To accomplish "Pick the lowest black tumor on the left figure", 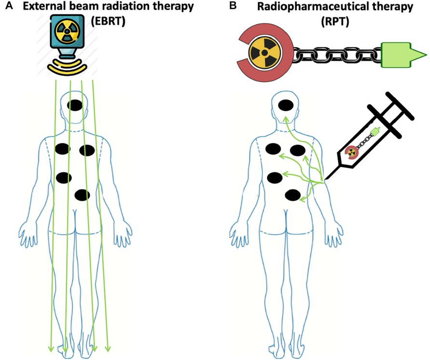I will (83, 195).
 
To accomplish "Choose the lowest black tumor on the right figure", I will (293, 195).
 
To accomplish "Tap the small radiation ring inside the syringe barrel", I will (352, 152).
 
